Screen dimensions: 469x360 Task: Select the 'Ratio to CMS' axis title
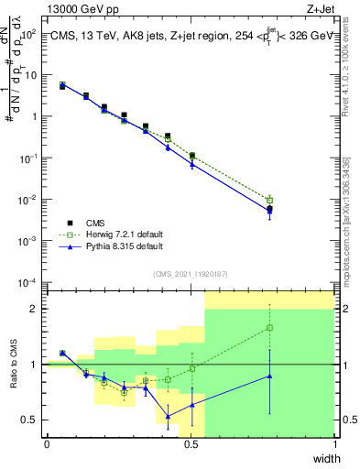(16, 379)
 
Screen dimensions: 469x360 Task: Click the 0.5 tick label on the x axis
(191, 445)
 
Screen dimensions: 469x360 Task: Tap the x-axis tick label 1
(334, 445)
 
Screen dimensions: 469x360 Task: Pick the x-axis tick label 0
(47, 445)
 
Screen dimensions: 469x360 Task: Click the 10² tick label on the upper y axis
(31, 34)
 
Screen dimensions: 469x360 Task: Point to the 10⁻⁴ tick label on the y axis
(30, 282)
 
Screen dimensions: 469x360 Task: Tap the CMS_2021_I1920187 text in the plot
(190, 274)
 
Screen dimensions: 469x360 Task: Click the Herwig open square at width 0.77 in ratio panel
(269, 327)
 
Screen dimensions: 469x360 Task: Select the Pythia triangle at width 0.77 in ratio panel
(269, 376)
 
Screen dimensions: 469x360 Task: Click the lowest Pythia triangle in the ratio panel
(168, 417)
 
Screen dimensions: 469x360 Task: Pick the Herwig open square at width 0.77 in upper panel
(269, 200)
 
